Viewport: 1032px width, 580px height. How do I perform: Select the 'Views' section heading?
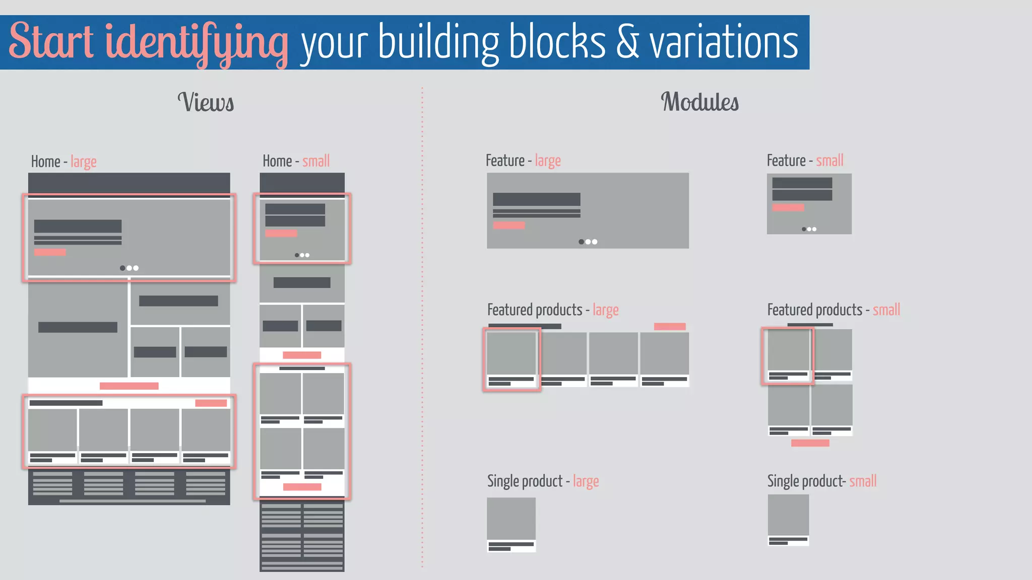tap(206, 102)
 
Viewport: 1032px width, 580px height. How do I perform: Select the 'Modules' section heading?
tap(699, 102)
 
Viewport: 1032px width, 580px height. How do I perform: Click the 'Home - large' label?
tap(63, 162)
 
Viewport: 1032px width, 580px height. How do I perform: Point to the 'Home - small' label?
tap(296, 161)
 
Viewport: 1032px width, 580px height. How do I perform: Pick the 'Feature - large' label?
tap(523, 161)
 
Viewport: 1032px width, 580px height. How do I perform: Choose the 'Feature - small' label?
tap(805, 161)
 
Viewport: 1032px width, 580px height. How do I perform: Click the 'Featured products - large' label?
tap(553, 310)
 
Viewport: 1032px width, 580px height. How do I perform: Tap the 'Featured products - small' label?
tap(833, 310)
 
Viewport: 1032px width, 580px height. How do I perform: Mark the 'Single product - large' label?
tap(543, 481)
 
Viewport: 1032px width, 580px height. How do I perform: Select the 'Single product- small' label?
tap(822, 481)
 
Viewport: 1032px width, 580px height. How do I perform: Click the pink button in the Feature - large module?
tap(509, 226)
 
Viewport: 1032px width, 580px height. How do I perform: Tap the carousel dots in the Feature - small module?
tap(809, 229)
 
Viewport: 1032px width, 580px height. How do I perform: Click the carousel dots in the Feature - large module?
tap(588, 242)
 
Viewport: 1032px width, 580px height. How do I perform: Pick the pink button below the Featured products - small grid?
tap(810, 443)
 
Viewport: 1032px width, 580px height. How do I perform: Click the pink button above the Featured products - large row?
tap(670, 326)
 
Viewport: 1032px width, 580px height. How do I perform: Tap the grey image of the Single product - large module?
tap(511, 519)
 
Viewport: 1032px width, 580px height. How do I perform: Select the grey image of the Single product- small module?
tap(788, 515)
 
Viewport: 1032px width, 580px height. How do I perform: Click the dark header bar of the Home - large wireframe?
tap(129, 183)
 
